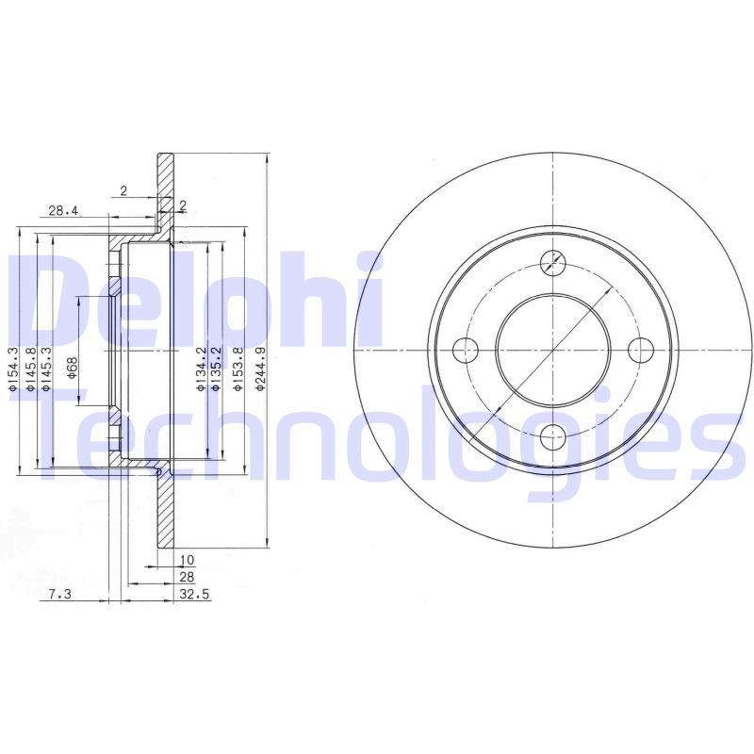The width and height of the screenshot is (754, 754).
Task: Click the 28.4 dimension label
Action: (63, 211)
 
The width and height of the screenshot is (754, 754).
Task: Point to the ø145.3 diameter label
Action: (45, 365)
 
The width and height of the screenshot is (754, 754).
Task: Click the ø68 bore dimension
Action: (73, 368)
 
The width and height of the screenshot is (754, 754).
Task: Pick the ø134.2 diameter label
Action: (200, 367)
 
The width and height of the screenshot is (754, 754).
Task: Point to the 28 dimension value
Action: (186, 576)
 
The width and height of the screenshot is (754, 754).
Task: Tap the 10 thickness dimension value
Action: (188, 560)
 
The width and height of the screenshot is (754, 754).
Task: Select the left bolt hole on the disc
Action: (466, 349)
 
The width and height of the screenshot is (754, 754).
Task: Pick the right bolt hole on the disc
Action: (643, 349)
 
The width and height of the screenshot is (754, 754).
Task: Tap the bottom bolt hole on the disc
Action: (555, 435)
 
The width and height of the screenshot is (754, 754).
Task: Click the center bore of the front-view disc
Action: (555, 349)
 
